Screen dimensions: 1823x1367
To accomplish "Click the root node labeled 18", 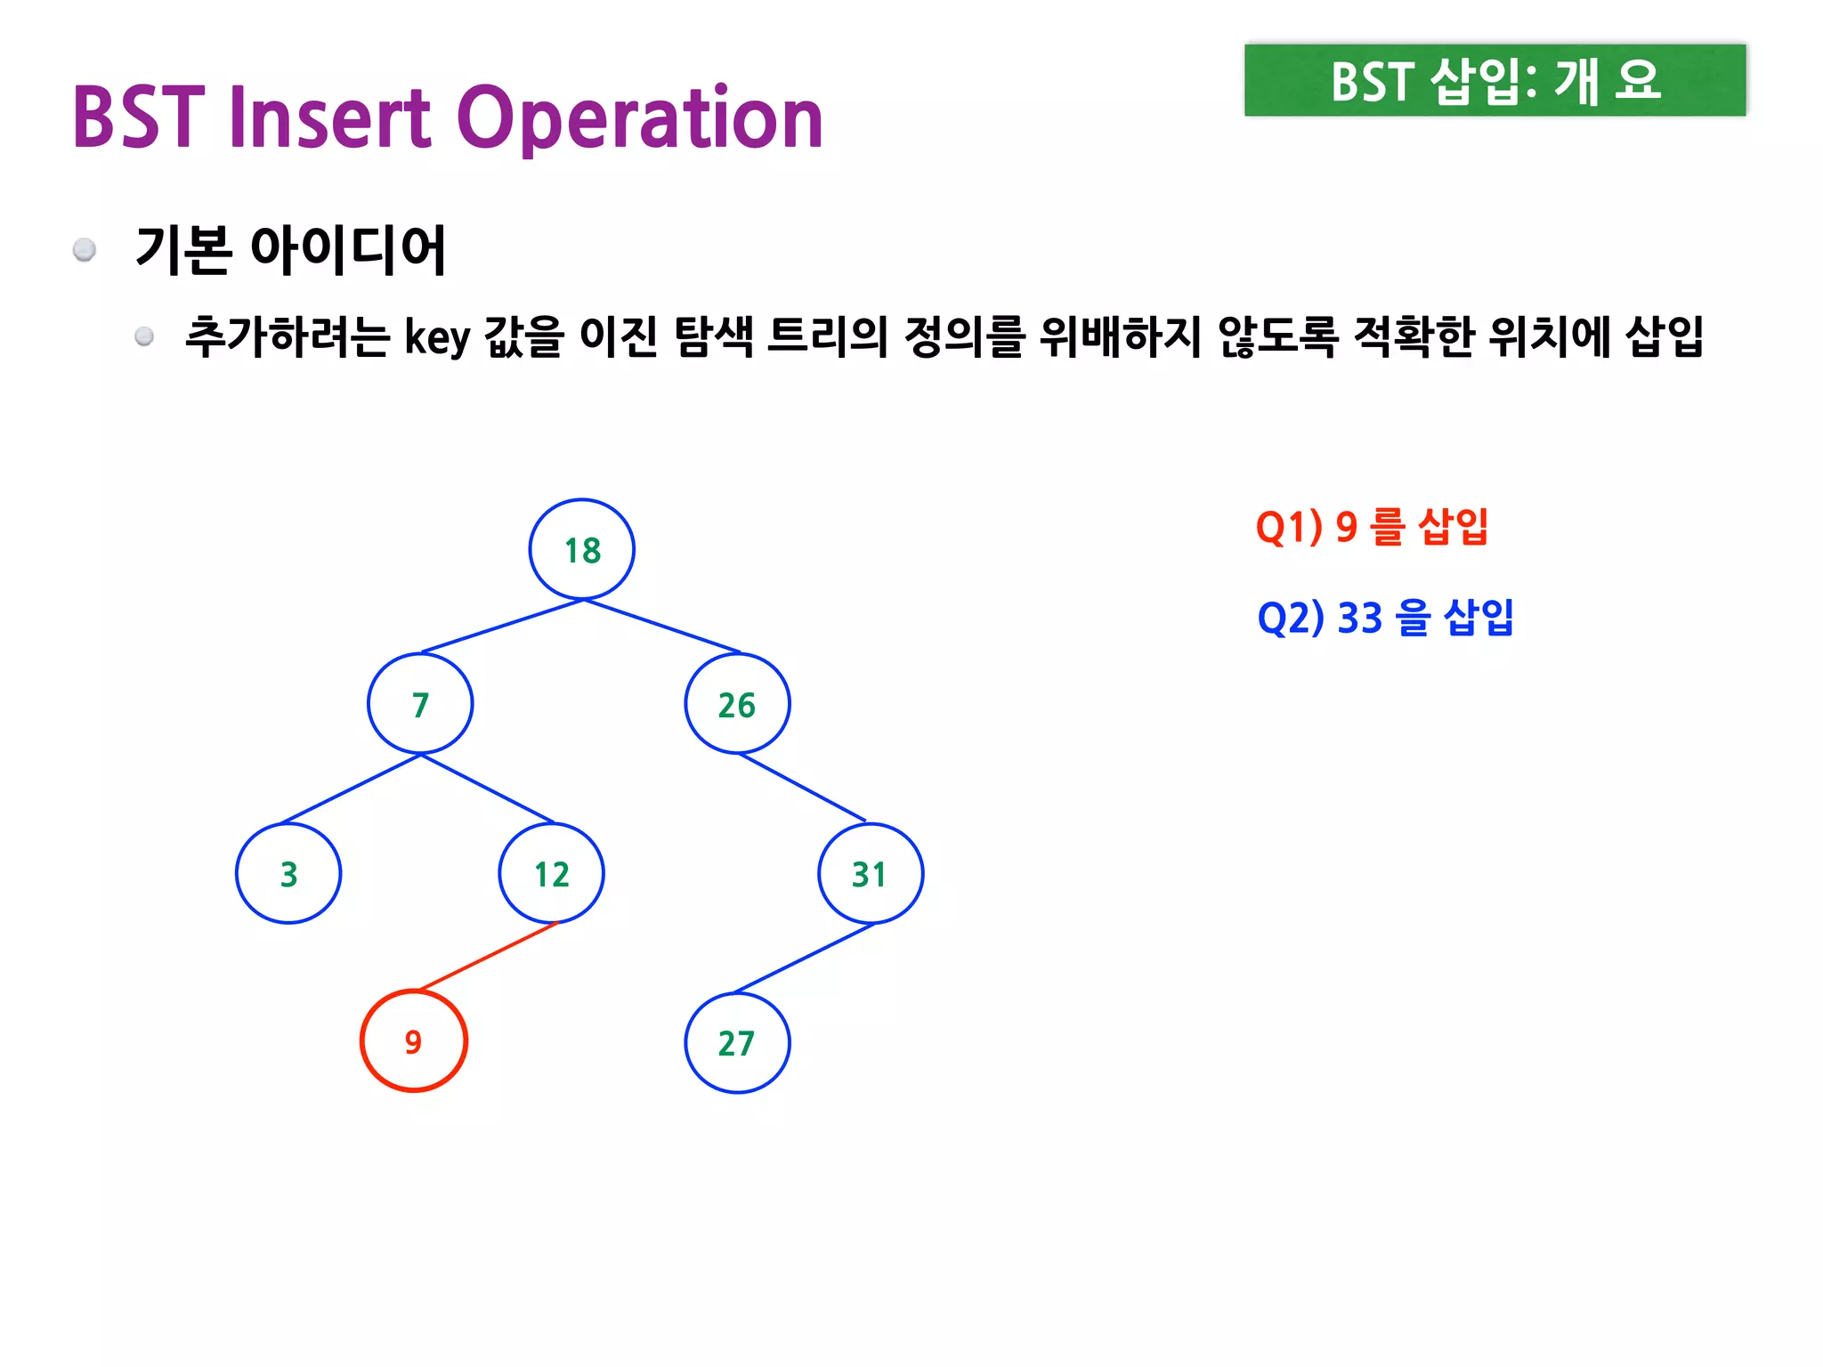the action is pyautogui.click(x=582, y=550).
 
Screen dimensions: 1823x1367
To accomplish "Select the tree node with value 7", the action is pyautogui.click(x=420, y=704).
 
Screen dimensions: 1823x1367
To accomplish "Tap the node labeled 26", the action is pyautogui.click(x=737, y=704).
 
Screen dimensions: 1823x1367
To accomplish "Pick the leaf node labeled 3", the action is pyautogui.click(x=288, y=874).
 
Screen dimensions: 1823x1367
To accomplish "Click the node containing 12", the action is pyautogui.click(x=551, y=874).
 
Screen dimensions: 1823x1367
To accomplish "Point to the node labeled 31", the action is pyautogui.click(x=870, y=874).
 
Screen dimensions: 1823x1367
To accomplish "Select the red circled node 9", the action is pyautogui.click(x=414, y=1041).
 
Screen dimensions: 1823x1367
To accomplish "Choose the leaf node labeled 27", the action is pyautogui.click(x=737, y=1043).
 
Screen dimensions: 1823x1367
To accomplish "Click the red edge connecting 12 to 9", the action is pyautogui.click(x=488, y=957).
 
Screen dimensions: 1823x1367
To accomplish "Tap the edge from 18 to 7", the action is pyautogui.click(x=502, y=627).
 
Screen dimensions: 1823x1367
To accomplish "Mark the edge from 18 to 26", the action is pyautogui.click(x=662, y=627).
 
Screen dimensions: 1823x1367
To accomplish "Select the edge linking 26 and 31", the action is pyautogui.click(x=802, y=787).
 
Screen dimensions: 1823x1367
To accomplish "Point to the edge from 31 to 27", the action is pyautogui.click(x=804, y=959).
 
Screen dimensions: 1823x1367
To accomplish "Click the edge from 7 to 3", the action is pyautogui.click(x=351, y=789).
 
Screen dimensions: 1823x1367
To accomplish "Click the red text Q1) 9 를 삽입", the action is pyautogui.click(x=1372, y=527).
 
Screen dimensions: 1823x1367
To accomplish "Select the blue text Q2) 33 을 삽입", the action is pyautogui.click(x=1385, y=618).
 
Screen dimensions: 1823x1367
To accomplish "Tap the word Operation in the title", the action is pyautogui.click(x=640, y=118).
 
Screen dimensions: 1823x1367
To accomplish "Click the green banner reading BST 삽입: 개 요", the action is pyautogui.click(x=1495, y=80).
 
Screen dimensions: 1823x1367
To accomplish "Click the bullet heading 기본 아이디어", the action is pyautogui.click(x=290, y=249).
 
